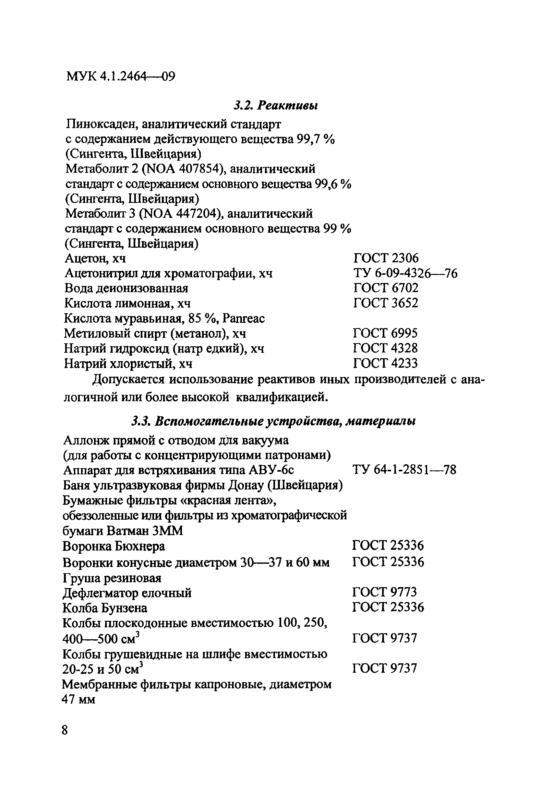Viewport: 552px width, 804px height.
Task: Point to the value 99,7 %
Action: (316, 139)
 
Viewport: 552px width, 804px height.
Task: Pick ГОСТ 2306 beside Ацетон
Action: (386, 258)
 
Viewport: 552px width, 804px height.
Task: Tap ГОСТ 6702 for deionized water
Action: (386, 288)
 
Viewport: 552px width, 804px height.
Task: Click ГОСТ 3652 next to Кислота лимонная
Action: (386, 303)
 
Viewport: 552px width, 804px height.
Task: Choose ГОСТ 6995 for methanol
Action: (385, 333)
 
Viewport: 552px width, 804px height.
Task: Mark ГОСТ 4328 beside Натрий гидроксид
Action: (385, 348)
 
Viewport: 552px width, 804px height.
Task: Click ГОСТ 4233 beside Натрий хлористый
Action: (385, 363)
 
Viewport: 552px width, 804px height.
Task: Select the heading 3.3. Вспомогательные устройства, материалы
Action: (274, 421)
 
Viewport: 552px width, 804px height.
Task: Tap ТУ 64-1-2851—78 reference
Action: (404, 470)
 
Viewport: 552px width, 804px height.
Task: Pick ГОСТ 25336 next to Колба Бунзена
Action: (388, 608)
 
